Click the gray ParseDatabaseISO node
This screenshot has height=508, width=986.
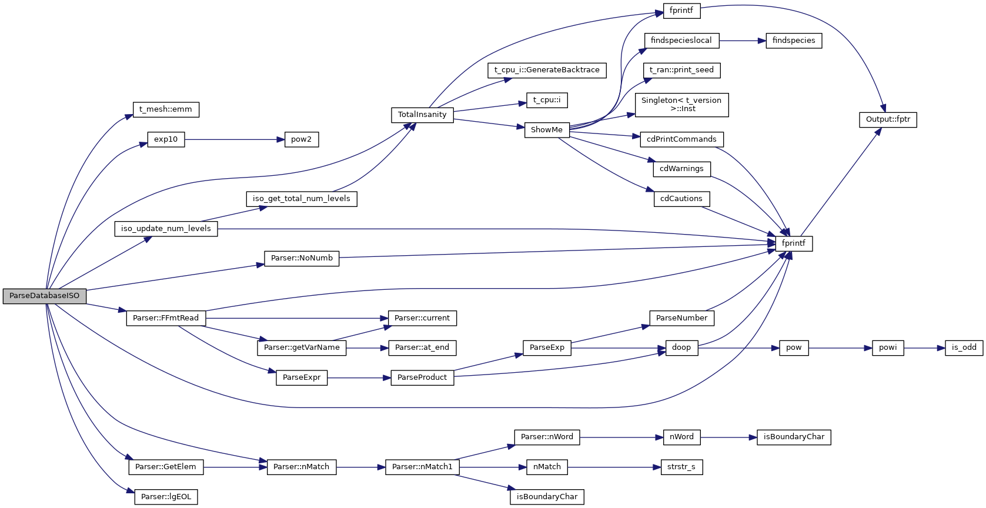[x=44, y=296]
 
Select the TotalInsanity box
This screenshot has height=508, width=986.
[x=422, y=115]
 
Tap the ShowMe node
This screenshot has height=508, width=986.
[x=546, y=130]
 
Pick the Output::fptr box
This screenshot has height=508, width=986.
[x=887, y=119]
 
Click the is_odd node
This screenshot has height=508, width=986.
[x=964, y=347]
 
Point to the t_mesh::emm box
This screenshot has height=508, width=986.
[x=166, y=109]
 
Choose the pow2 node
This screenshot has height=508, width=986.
[x=301, y=139]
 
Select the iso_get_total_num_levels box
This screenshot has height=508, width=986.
[x=301, y=199]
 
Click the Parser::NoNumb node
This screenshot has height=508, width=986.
[x=302, y=258]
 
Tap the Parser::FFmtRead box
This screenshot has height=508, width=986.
[x=166, y=318]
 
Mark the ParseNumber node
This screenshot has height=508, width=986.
[x=681, y=318]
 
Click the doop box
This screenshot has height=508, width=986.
[x=681, y=347]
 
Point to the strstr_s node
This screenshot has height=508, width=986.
[x=681, y=467]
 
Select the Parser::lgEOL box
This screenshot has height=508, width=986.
[x=166, y=497]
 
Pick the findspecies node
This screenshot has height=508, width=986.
[x=793, y=41]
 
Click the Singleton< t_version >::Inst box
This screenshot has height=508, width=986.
[x=681, y=105]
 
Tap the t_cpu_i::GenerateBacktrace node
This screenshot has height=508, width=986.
[x=546, y=70]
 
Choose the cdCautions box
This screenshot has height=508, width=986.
[x=681, y=199]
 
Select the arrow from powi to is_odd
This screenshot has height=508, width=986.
[x=924, y=348]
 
